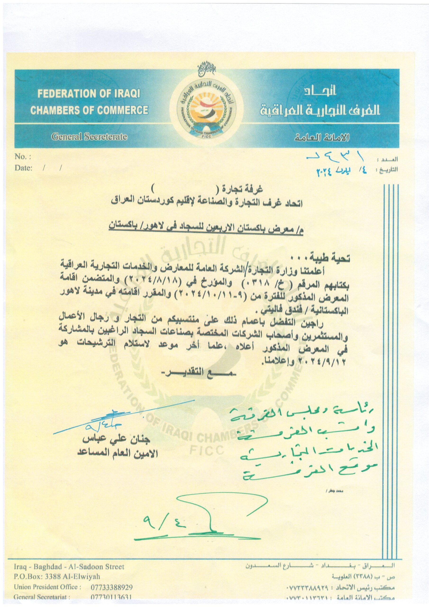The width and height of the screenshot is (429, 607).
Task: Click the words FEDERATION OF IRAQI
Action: pyautogui.click(x=89, y=94)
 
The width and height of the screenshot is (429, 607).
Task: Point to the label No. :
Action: pyautogui.click(x=23, y=157)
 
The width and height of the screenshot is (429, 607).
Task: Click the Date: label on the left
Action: pyautogui.click(x=23, y=168)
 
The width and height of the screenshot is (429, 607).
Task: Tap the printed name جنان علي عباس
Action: pyautogui.click(x=117, y=440)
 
